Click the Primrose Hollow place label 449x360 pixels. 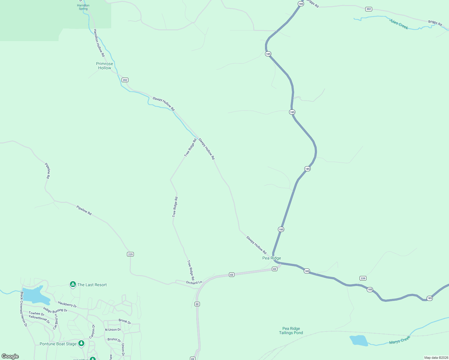104,66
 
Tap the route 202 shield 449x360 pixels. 125,80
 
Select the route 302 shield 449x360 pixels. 369,9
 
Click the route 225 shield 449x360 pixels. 130,254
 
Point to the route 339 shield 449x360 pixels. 363,278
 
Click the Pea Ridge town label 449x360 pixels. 272,258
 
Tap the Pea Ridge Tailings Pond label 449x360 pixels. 291,331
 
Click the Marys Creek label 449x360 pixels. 399,340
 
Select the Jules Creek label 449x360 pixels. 399,24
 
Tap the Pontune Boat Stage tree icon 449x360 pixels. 81,343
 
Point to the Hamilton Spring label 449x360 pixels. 83,7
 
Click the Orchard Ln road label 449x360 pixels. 194,283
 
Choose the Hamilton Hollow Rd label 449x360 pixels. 99,43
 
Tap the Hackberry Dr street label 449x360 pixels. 67,304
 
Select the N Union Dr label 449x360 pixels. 113,330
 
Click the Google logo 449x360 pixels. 10,356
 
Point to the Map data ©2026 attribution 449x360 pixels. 435,358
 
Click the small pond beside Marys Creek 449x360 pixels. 359,340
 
